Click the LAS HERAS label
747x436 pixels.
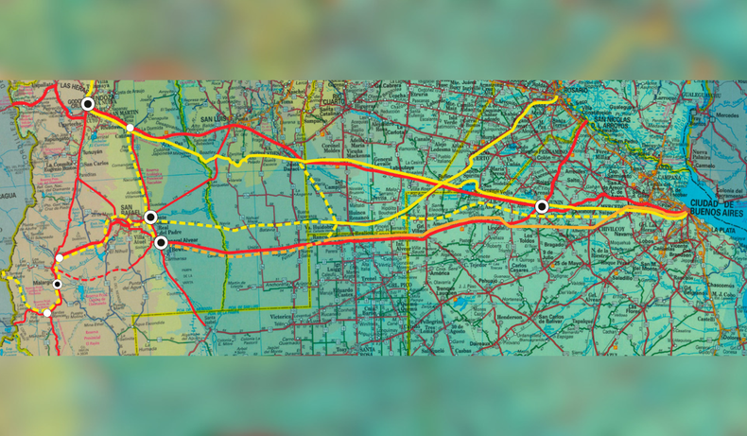[x=73, y=85]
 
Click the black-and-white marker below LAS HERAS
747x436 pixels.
[x=87, y=104]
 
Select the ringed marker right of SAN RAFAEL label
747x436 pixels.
[x=150, y=218]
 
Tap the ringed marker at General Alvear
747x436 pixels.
[x=162, y=243]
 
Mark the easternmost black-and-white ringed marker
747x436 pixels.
[x=542, y=206]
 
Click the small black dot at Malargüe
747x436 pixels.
[x=57, y=284]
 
